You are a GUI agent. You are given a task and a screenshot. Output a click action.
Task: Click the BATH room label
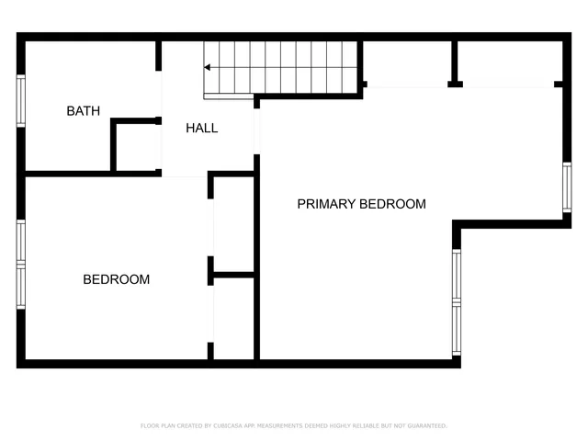(x=83, y=111)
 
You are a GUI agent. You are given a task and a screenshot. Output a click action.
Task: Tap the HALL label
(x=201, y=128)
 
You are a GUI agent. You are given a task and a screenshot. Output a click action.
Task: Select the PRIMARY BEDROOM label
(x=361, y=204)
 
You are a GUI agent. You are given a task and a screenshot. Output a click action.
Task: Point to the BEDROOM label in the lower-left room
(x=116, y=279)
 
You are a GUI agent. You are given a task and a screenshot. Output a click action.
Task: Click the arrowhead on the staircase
(x=209, y=67)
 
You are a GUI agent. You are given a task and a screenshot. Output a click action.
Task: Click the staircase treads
(x=285, y=67)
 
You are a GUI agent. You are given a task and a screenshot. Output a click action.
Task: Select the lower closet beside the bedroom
(x=234, y=317)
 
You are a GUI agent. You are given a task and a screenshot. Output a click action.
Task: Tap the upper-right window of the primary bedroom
(x=567, y=189)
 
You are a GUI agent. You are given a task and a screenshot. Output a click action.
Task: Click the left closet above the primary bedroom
(x=407, y=62)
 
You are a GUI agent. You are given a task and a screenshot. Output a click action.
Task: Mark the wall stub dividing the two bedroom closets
(x=232, y=273)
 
